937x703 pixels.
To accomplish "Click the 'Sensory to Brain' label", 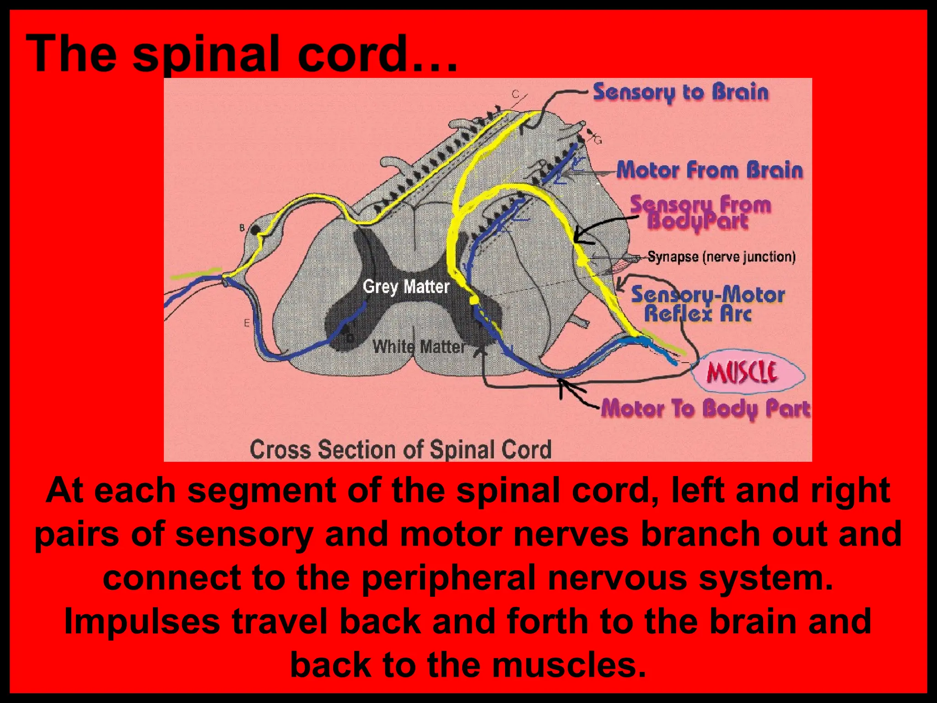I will [x=681, y=93].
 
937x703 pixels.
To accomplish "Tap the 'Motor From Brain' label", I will [x=710, y=170].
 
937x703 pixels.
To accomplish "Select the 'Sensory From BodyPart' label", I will [x=700, y=212].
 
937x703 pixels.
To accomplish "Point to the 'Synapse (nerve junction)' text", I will [x=722, y=257].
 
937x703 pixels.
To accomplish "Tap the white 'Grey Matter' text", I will [x=406, y=287].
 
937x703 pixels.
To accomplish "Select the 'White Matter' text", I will [x=419, y=347].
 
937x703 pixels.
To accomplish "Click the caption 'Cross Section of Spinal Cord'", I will [x=400, y=449].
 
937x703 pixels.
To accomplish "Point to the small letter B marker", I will [x=242, y=227].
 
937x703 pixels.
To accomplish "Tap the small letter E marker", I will [x=247, y=324].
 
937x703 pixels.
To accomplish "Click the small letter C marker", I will [x=515, y=94].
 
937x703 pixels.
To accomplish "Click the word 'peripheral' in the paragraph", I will [x=448, y=578].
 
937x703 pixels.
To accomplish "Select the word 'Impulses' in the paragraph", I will [x=142, y=621].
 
